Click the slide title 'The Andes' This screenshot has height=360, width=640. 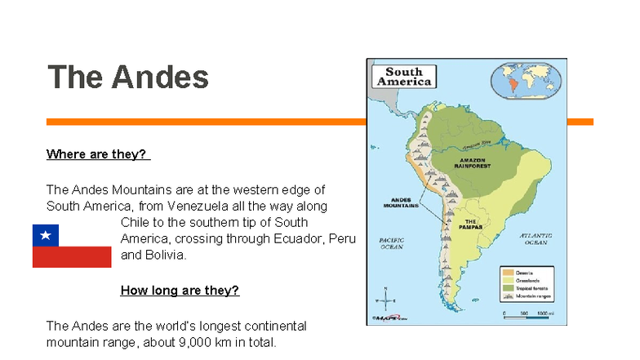point(128,78)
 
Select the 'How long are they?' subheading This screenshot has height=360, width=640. point(180,290)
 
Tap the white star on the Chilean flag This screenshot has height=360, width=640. point(46,236)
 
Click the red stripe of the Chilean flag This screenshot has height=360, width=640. point(72,257)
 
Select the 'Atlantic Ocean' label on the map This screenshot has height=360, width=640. point(536,238)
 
